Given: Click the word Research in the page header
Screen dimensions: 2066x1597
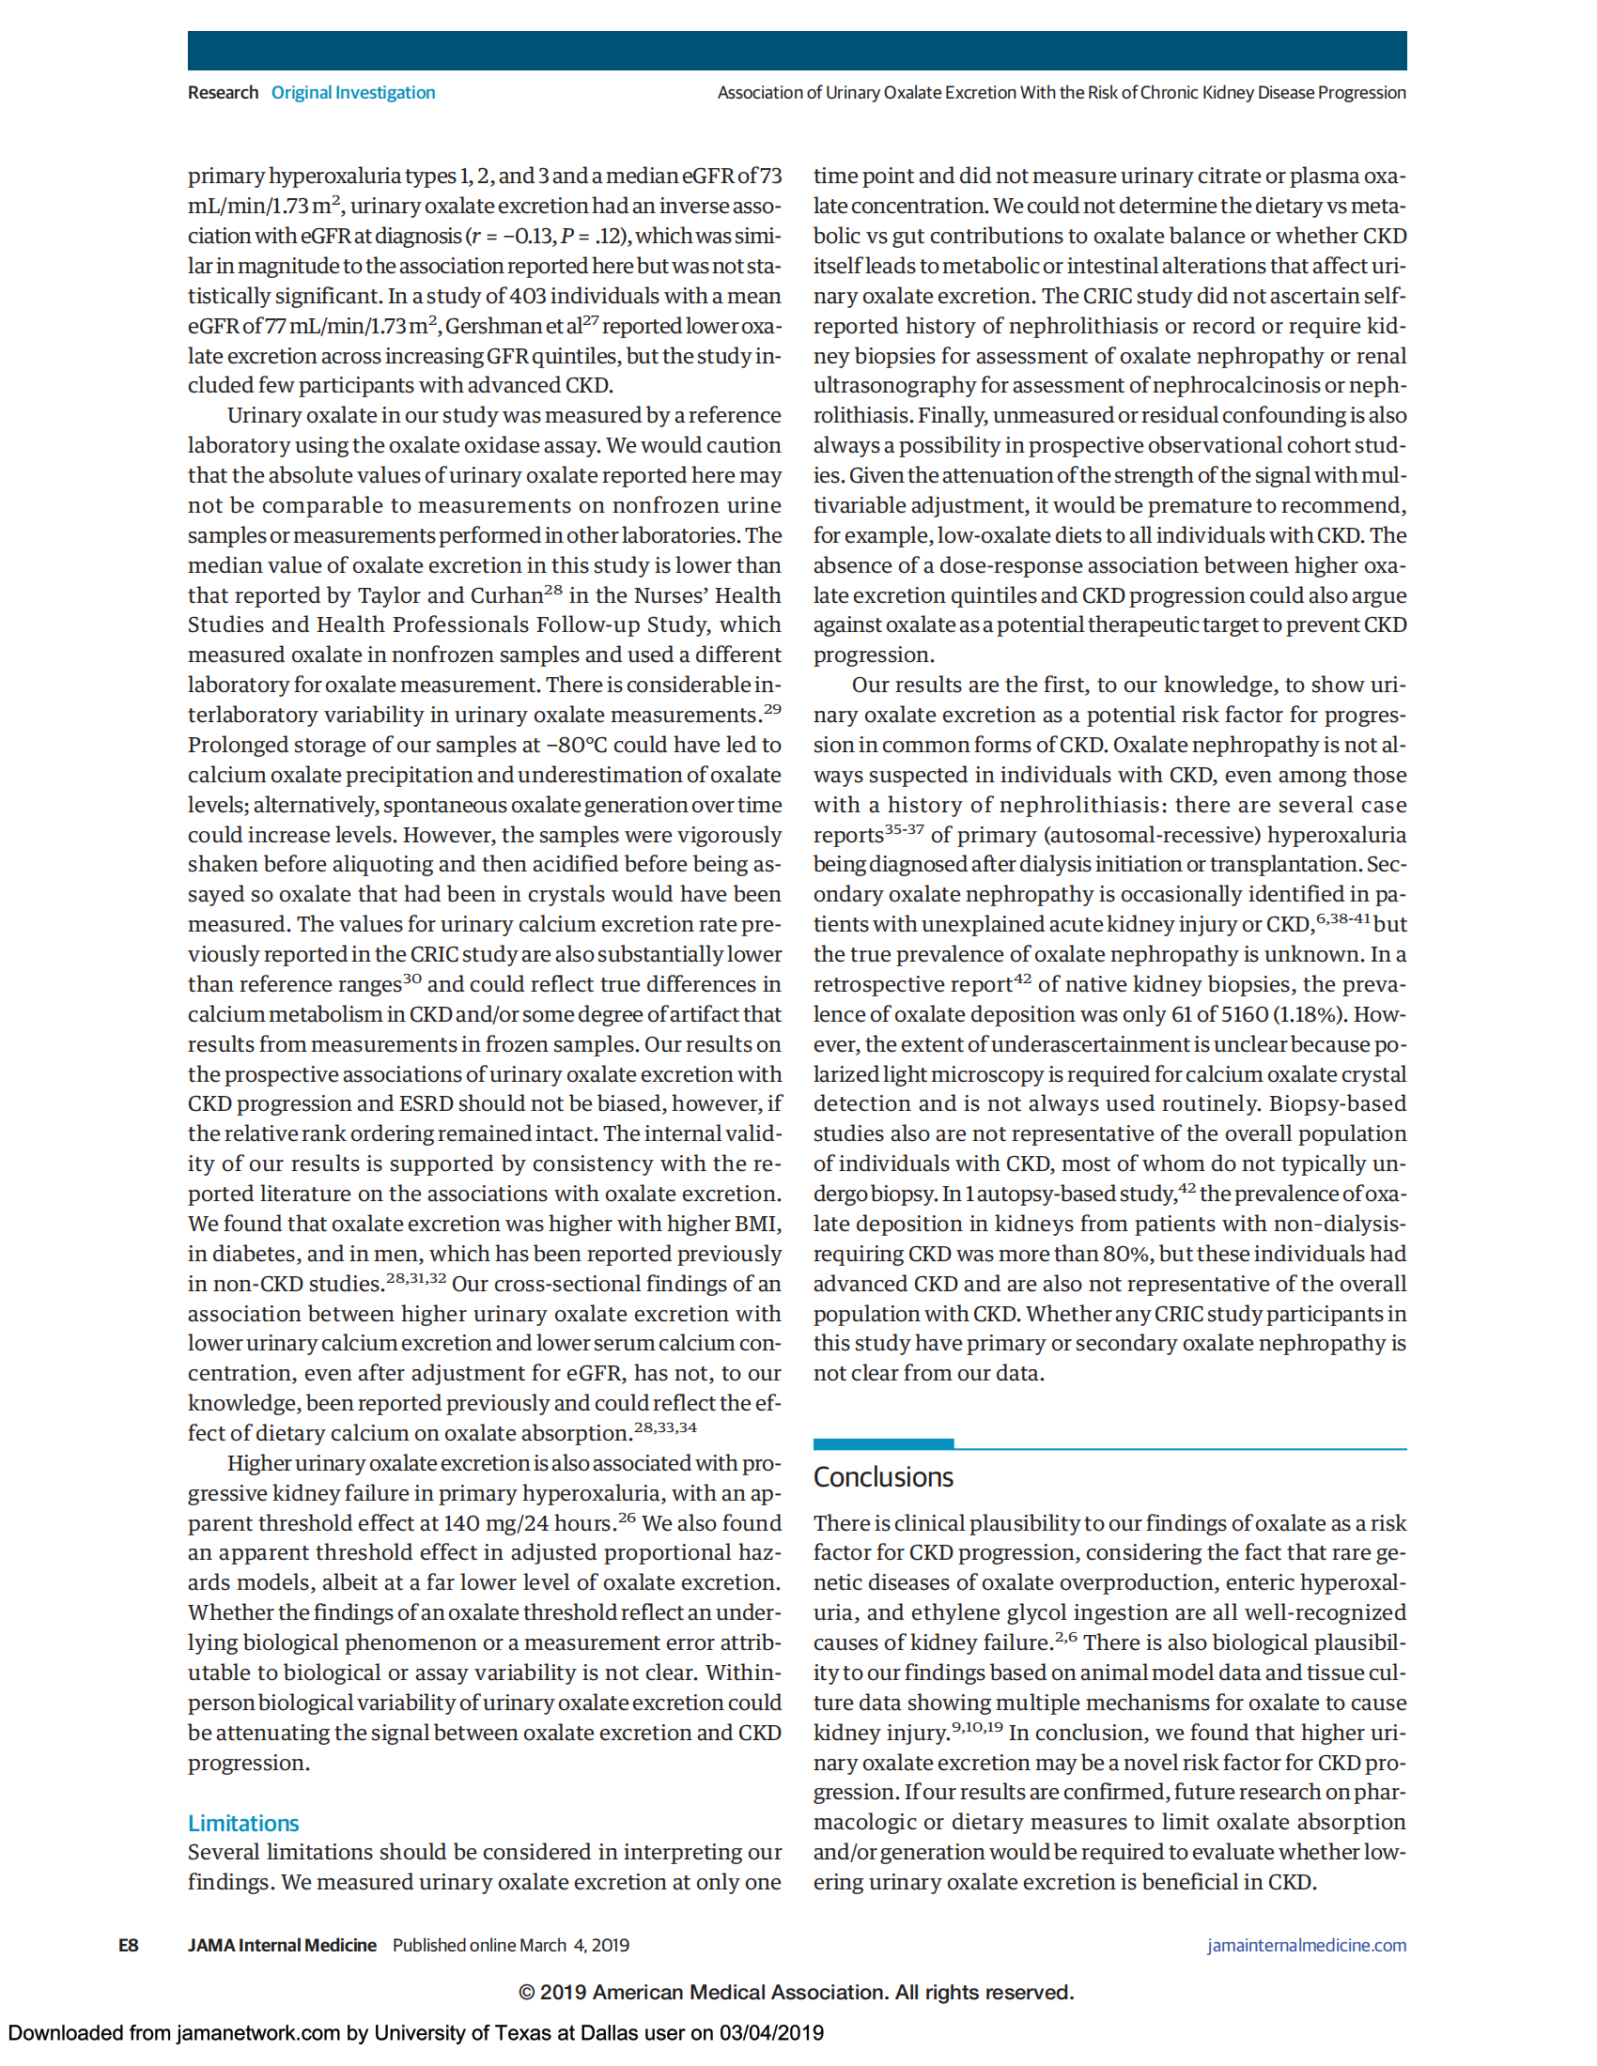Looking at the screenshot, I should click(x=223, y=93).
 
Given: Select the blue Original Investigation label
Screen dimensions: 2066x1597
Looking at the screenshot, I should click(x=353, y=93).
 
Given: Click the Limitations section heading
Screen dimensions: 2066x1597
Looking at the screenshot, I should click(x=243, y=1823).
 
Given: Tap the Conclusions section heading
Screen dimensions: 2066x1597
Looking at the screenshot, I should click(x=883, y=1476).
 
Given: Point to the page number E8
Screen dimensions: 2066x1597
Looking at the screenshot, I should click(x=128, y=1945).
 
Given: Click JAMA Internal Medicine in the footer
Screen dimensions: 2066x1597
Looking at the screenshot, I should click(x=282, y=1945).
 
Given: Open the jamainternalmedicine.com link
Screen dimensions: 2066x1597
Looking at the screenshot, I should click(x=1306, y=1945).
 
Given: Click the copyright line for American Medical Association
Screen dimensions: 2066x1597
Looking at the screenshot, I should click(x=796, y=1992).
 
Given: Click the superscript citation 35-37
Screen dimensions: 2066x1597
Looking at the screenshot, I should click(x=904, y=829).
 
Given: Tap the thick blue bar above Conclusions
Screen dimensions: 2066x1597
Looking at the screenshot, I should click(x=883, y=1443).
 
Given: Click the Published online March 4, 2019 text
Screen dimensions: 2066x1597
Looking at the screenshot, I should click(x=511, y=1945).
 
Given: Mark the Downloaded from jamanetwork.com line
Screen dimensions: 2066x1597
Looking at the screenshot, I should click(x=415, y=2033).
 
